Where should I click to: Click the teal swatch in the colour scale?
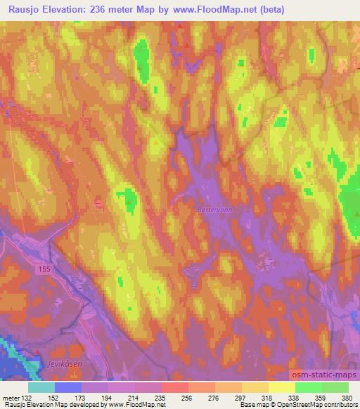pos(41,387)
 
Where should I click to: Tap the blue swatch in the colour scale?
pos(68,387)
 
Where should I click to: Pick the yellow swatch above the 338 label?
pos(282,387)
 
